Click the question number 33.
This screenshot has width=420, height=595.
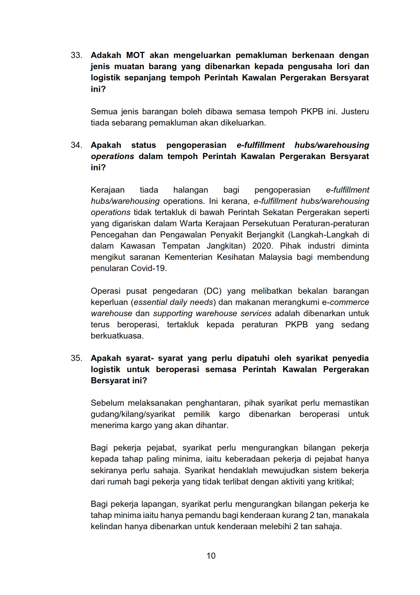pyautogui.click(x=76, y=55)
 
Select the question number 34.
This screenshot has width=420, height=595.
pyautogui.click(x=76, y=145)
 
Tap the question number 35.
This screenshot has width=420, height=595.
pyautogui.click(x=76, y=358)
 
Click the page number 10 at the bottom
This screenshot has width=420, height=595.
pyautogui.click(x=211, y=556)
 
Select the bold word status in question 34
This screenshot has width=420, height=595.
pyautogui.click(x=143, y=145)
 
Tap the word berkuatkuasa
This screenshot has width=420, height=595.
pyautogui.click(x=117, y=336)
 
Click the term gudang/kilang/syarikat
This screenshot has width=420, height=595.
pyautogui.click(x=133, y=414)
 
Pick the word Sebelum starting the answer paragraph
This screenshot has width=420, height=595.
pyautogui.click(x=107, y=403)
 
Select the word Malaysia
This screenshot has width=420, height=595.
pyautogui.click(x=275, y=257)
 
